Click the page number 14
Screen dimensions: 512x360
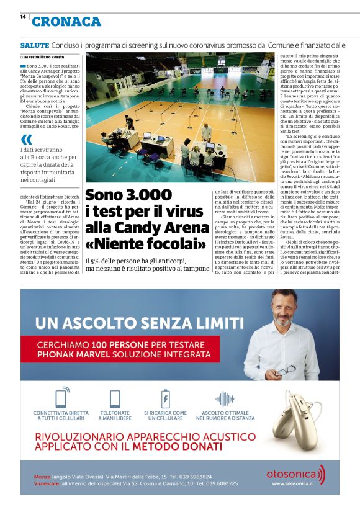coord(23,17)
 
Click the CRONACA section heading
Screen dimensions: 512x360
coord(66,22)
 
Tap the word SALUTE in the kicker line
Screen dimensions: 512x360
coord(34,45)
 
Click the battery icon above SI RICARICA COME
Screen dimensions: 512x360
coord(165,398)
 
